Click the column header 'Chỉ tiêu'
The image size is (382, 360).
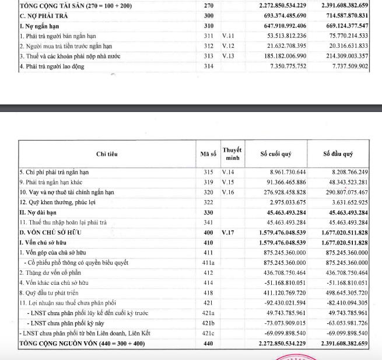click(x=107, y=153)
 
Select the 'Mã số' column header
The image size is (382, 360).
click(x=208, y=153)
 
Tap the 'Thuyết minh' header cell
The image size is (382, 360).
click(x=232, y=153)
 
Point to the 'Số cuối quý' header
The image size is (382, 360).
click(x=277, y=153)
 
